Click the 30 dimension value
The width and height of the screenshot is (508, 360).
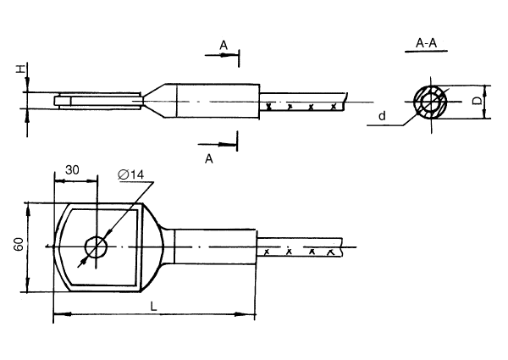72,169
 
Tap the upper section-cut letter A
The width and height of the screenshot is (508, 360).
223,44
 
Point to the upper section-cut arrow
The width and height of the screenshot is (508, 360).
223,55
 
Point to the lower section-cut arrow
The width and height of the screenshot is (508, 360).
223,143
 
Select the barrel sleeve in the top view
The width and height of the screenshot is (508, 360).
212,102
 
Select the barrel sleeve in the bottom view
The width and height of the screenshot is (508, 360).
212,246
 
